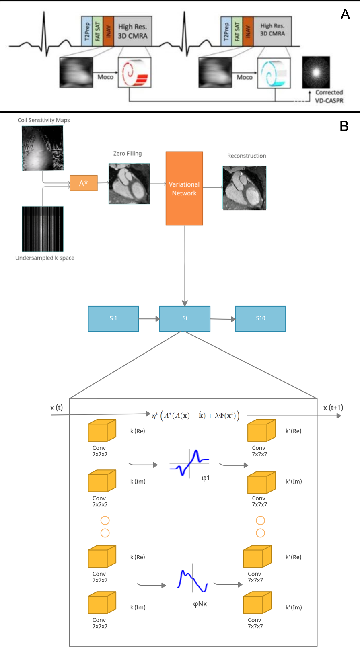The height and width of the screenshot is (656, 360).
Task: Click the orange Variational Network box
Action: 184,188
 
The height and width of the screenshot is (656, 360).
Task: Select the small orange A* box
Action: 84,183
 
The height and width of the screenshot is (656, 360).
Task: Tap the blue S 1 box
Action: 113,318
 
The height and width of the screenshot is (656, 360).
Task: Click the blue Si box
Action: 185,318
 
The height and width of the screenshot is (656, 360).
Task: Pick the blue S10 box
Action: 260,318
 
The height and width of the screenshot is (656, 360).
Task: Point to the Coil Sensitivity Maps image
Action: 43,148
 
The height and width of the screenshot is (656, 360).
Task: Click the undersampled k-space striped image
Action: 43,229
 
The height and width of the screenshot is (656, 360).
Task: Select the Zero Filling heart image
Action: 129,183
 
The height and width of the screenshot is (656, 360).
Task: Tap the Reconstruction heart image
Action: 245,188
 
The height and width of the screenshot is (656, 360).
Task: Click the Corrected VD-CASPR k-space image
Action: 316,72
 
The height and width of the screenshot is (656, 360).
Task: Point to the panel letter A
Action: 345,14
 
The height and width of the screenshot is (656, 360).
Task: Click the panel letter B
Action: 344,126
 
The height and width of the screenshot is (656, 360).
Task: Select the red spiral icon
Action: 134,72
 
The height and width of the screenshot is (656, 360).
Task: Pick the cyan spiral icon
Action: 274,72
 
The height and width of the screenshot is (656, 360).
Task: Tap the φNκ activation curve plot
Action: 193,579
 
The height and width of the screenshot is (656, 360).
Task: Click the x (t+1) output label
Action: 333,408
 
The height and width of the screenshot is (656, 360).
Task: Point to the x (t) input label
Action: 56,408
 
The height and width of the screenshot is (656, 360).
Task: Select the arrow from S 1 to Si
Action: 149,319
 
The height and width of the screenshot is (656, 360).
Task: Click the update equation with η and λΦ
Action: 195,416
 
